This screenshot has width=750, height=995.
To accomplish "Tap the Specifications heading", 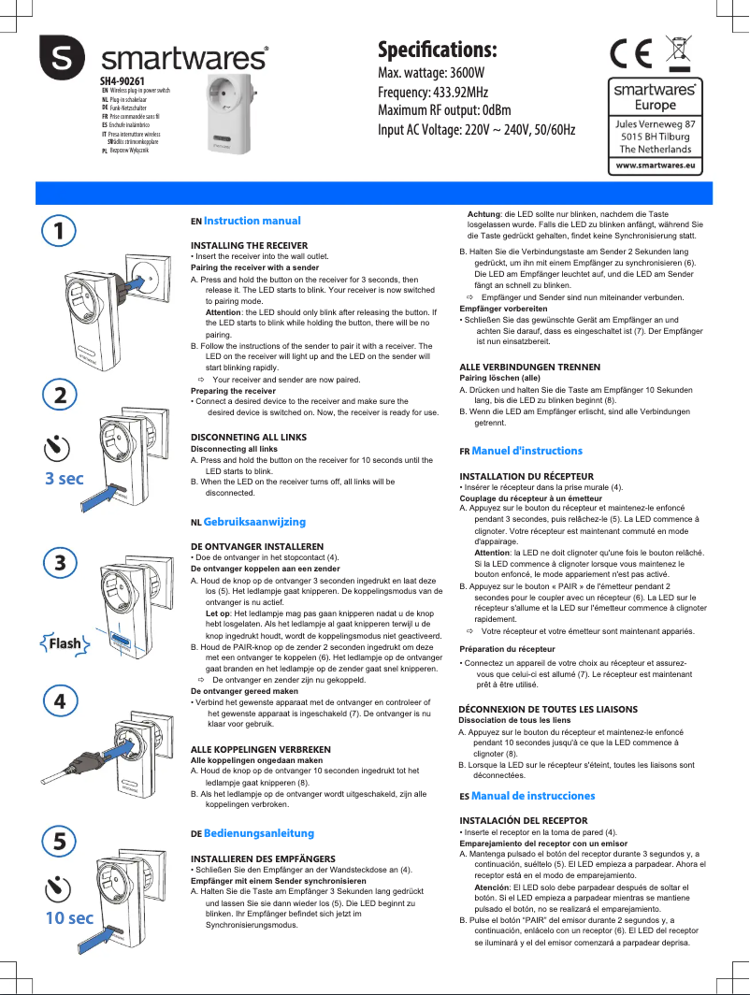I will pos(437,50).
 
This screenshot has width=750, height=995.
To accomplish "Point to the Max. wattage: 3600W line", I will pos(430,73).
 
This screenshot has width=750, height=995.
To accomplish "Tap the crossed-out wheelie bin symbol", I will pos(681,51).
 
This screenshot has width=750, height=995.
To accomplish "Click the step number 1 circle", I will pos(59,229).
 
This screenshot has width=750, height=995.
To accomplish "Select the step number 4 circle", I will pos(59,699).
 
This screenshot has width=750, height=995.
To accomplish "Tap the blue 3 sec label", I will pos(65,479).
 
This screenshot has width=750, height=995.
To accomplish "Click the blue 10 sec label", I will pos(69,917).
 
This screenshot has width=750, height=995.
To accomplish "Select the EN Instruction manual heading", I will pos(246,221).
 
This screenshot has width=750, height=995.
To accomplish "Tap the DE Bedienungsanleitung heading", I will pos(252,832).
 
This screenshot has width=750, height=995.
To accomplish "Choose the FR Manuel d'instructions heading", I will pos(521,451).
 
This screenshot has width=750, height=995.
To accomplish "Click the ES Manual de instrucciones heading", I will pos(526,796).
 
